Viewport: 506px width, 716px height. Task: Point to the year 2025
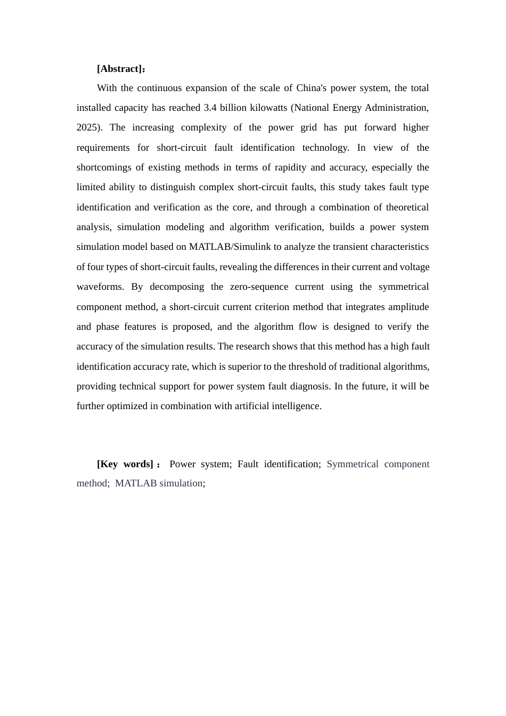click(x=87, y=127)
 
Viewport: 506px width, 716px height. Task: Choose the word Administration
click(x=396, y=108)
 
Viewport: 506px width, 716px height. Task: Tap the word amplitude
click(x=408, y=307)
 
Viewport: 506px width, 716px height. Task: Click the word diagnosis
click(x=311, y=386)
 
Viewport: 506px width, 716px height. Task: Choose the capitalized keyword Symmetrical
click(x=352, y=464)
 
